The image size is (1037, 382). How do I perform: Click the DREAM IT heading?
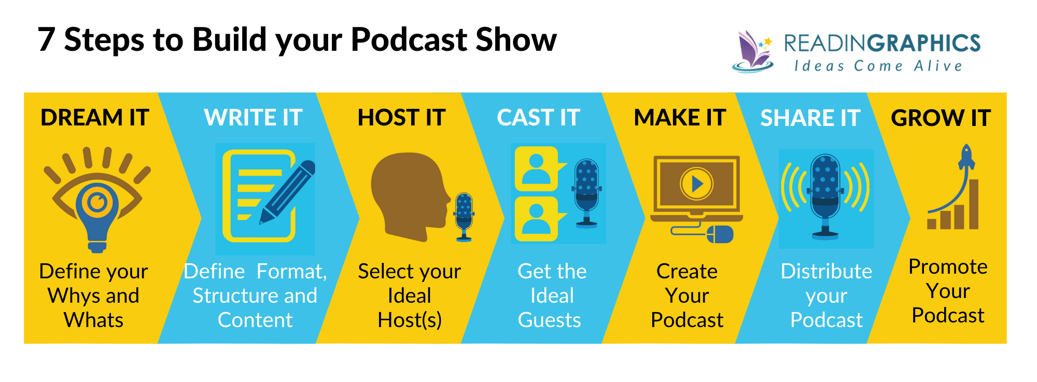[x=95, y=118]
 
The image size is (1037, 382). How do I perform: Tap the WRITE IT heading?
[x=253, y=118]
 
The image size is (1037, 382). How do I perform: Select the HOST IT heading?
[x=401, y=118]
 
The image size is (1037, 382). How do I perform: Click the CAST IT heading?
[x=538, y=118]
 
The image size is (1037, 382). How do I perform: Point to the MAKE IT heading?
[x=680, y=118]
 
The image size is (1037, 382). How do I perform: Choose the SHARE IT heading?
[x=810, y=118]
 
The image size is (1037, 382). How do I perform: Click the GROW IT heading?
[x=941, y=118]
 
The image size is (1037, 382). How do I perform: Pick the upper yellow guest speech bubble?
[x=537, y=168]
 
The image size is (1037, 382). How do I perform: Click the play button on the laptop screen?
[x=696, y=183]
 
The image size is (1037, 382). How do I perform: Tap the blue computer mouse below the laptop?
[x=720, y=234]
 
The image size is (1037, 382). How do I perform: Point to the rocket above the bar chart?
[x=966, y=158]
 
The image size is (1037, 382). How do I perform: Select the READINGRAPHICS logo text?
[x=881, y=44]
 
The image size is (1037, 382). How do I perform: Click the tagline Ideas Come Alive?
[x=878, y=66]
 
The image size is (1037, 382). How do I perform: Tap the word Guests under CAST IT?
[x=550, y=320]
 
